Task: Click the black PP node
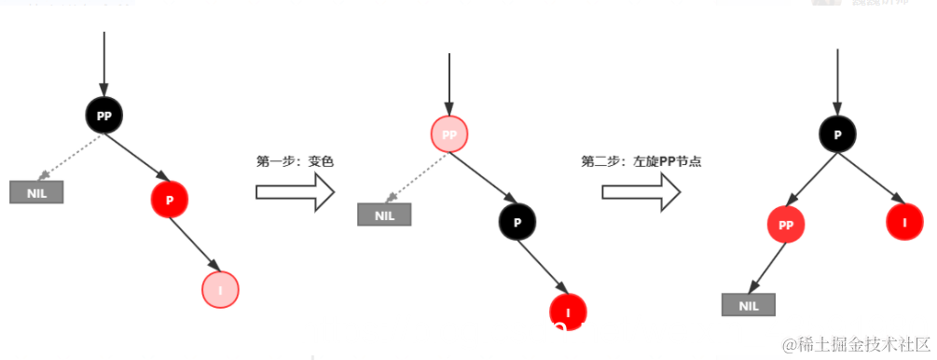click(x=103, y=116)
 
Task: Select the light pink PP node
click(x=449, y=135)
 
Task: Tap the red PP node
click(x=786, y=225)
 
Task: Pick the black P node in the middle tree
click(x=517, y=221)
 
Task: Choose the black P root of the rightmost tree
click(x=837, y=134)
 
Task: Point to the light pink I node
click(x=220, y=290)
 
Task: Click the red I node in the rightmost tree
click(x=903, y=224)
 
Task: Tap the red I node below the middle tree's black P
click(x=568, y=311)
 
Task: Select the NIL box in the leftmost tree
click(x=36, y=192)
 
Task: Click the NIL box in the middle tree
click(x=384, y=215)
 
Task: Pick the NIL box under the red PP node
click(x=748, y=305)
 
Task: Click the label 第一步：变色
click(x=295, y=161)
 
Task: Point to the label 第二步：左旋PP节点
click(x=641, y=161)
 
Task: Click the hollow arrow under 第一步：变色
click(x=295, y=191)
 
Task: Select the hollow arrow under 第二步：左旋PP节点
click(x=641, y=191)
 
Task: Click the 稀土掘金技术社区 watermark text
click(x=857, y=345)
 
